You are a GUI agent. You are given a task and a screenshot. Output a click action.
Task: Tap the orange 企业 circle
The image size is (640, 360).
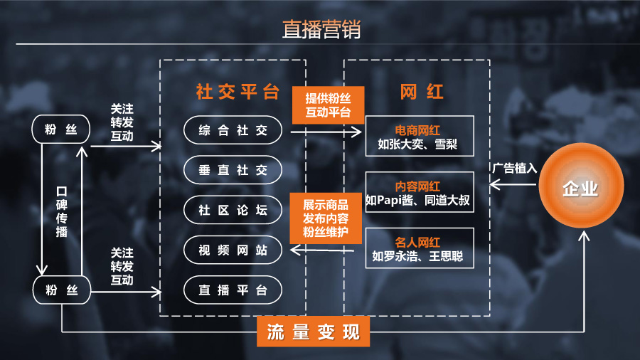tap(580, 189)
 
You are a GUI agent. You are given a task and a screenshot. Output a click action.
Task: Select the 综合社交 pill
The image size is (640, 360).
tap(233, 130)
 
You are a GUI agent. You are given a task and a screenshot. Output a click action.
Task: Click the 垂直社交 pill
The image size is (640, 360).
tap(233, 170)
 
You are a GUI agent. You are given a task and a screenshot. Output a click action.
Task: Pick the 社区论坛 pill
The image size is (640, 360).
tap(233, 210)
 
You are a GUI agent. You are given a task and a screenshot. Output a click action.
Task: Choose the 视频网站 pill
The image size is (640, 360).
tap(233, 250)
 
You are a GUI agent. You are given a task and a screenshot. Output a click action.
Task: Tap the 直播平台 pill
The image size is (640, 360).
tap(233, 290)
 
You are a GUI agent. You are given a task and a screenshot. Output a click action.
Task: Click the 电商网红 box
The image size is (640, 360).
tap(418, 138)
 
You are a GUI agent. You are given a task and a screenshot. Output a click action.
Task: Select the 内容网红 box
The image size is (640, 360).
tap(418, 192)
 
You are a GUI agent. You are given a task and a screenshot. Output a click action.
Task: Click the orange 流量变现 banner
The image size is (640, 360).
tap(314, 332)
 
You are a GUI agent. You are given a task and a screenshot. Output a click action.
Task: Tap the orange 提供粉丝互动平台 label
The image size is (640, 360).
tap(328, 105)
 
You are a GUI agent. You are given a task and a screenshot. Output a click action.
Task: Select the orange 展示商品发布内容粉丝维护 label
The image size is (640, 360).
tap(326, 217)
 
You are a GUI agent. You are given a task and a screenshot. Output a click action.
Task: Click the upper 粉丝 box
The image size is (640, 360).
tap(61, 129)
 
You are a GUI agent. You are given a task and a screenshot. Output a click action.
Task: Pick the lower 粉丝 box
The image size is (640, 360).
tap(61, 290)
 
